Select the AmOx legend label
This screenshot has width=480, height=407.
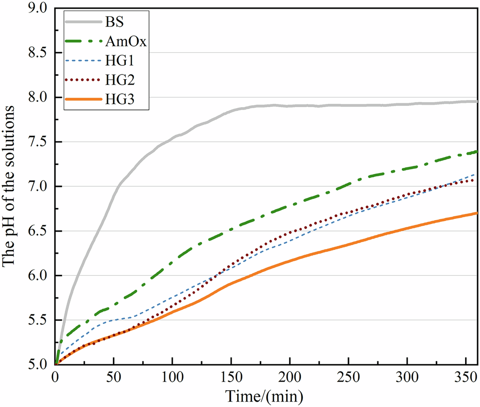pos(126,41)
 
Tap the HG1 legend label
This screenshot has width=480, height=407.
pos(120,60)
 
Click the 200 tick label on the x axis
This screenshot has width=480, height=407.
pos(289,376)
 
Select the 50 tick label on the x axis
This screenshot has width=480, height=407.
pos(114,376)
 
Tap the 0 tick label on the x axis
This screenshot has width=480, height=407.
pos(56,376)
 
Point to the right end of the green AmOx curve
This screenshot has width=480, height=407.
pos(476,152)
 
